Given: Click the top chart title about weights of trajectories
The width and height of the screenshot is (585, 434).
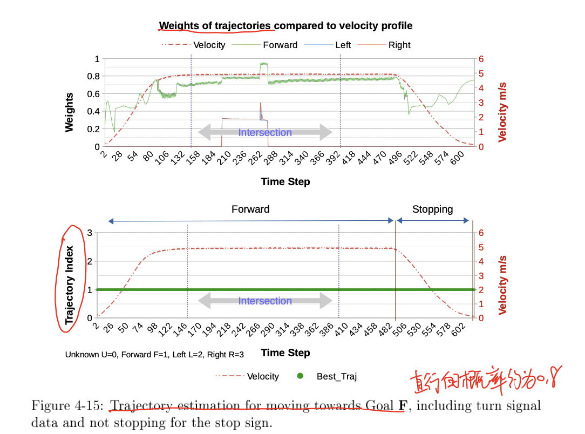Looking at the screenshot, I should [x=285, y=25].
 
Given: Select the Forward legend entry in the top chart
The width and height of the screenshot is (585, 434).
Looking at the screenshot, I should [x=280, y=45].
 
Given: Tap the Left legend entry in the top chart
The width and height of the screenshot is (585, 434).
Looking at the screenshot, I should [x=343, y=45].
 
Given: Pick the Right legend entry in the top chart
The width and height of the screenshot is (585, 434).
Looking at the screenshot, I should [x=399, y=45].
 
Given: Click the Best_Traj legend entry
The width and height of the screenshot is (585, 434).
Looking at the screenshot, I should [x=336, y=376].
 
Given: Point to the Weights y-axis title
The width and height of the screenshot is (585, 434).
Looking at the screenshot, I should [x=69, y=112].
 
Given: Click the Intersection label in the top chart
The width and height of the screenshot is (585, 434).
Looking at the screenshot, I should [x=265, y=132].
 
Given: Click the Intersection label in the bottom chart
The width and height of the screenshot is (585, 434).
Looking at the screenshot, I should [x=265, y=301].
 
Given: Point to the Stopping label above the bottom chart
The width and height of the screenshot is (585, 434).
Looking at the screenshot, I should [x=432, y=209].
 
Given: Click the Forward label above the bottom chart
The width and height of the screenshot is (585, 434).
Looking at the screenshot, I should [x=250, y=209].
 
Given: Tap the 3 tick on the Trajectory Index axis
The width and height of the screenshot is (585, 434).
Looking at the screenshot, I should [x=90, y=233].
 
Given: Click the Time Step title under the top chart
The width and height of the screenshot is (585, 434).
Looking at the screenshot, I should [x=285, y=181].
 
